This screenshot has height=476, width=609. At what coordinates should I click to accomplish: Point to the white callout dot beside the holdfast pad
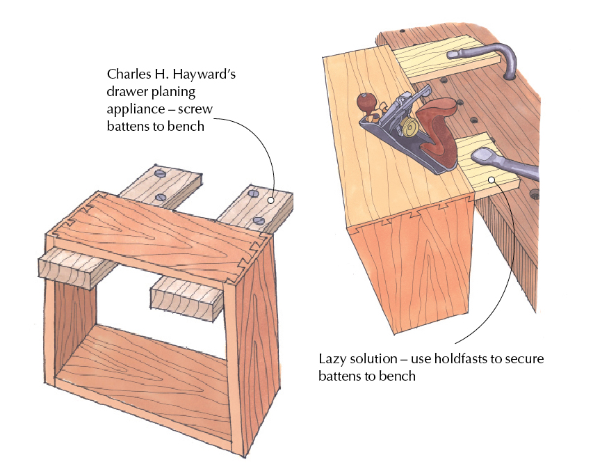(x=492, y=179)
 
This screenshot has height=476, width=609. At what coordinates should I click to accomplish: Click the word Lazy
(x=331, y=359)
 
